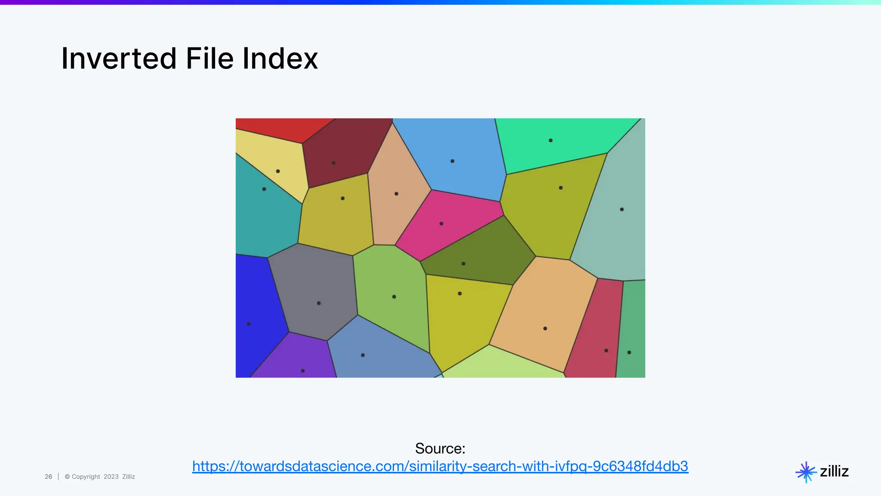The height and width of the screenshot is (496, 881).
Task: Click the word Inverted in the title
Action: click(119, 59)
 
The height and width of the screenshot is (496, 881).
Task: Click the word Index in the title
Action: click(280, 59)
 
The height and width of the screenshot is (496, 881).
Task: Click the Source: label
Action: click(440, 449)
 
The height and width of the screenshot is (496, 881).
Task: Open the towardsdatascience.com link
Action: click(440, 466)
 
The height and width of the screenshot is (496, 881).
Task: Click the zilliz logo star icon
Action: click(806, 472)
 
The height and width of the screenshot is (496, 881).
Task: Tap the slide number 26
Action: click(48, 477)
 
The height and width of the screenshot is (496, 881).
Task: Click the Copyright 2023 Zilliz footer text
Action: click(100, 477)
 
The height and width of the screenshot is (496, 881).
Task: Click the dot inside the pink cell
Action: click(441, 223)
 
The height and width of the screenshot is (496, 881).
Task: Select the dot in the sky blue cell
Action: click(452, 161)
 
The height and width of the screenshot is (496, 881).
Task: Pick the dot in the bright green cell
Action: click(551, 140)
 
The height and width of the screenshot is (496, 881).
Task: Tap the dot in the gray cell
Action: click(319, 303)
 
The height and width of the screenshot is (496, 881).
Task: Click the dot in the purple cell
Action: click(303, 371)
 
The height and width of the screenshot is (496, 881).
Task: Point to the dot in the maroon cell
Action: click(333, 163)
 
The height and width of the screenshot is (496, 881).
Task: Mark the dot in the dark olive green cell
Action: click(463, 263)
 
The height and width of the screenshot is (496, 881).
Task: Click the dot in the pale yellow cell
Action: click(278, 171)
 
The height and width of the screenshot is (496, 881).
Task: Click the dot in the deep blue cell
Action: click(249, 324)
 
